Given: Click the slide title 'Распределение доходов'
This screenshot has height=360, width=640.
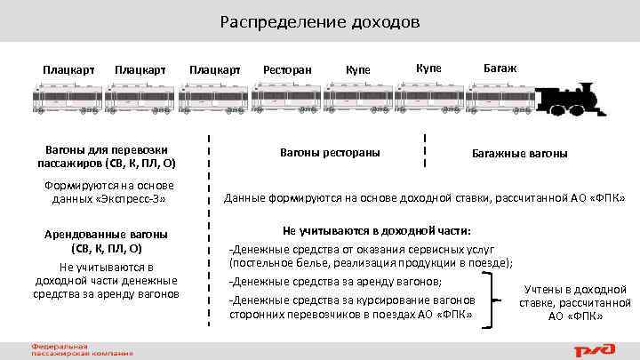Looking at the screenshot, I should click(320, 21).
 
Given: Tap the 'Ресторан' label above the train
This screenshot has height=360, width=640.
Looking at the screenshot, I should click(286, 69).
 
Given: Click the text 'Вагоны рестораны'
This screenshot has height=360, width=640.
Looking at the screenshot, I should click(324, 151).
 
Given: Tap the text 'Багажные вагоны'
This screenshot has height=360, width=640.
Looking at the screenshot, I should click(520, 153).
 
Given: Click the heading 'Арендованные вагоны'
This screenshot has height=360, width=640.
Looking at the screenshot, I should click(107, 234).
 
